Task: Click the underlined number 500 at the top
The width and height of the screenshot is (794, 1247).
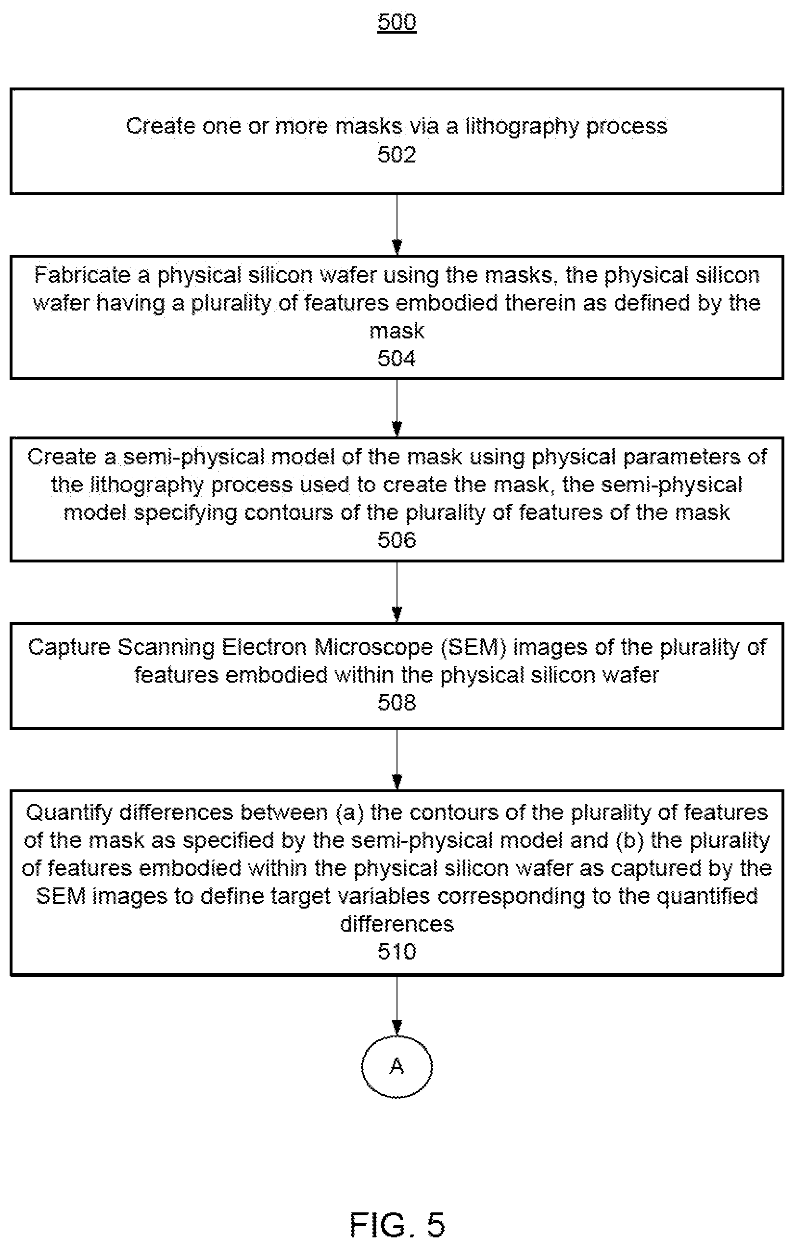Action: [397, 22]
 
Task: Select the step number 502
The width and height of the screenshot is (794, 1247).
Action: [397, 155]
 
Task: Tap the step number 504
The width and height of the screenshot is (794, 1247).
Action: [397, 358]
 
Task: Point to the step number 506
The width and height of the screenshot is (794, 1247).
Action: [397, 540]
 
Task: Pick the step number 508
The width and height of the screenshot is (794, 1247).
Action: [397, 703]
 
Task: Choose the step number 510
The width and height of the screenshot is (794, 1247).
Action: [397, 952]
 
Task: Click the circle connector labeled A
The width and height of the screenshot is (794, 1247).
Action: [397, 1066]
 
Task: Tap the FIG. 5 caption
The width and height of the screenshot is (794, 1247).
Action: [397, 1225]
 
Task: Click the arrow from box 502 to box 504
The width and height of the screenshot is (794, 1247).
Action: [397, 225]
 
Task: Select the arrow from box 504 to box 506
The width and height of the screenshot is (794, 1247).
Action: [397, 408]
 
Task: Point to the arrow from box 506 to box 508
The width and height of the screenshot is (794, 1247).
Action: [397, 592]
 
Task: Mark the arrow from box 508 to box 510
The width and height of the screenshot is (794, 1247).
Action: [397, 759]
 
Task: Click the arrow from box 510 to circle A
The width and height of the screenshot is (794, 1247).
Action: [397, 1006]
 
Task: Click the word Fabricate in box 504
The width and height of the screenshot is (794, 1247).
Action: [83, 275]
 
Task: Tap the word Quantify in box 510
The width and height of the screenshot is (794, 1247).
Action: [69, 812]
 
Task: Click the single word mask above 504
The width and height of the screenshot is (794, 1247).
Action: [397, 331]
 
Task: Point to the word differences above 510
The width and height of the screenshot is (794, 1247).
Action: [397, 924]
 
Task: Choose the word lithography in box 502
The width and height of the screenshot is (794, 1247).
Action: [521, 127]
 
